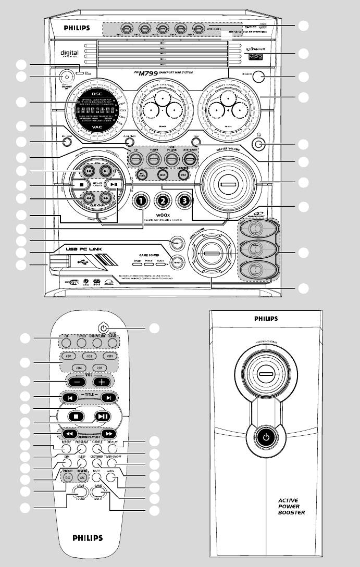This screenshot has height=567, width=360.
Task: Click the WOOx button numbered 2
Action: pyautogui.click(x=163, y=200)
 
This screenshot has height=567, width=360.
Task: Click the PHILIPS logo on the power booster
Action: pyautogui.click(x=266, y=318)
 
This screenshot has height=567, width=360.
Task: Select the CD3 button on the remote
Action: pyautogui.click(x=109, y=357)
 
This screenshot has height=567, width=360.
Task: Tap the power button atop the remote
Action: pyautogui.click(x=105, y=329)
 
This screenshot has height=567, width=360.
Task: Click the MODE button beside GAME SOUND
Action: pyautogui.click(x=179, y=261)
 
